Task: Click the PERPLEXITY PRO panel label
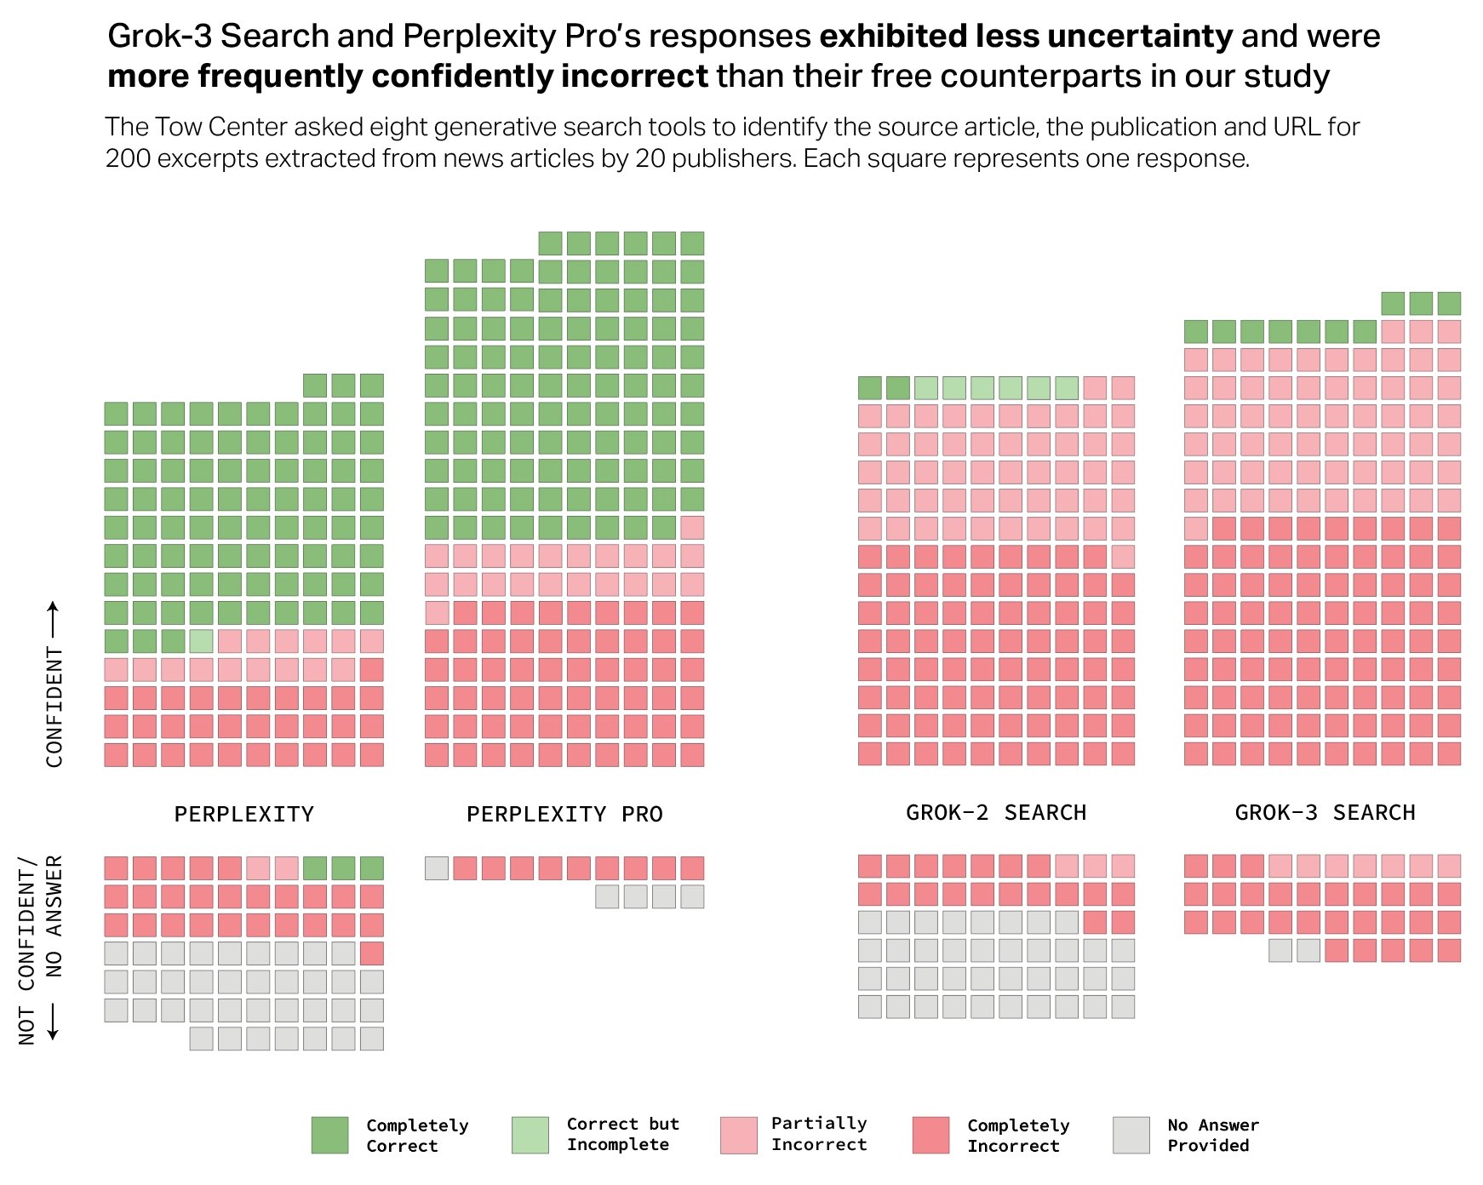[x=564, y=815]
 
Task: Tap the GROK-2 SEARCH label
[x=995, y=813]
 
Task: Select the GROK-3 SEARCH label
[x=1325, y=813]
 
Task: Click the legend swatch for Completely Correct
[x=329, y=1136]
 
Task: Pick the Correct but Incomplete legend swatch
[x=530, y=1136]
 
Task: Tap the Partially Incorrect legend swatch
[x=738, y=1136]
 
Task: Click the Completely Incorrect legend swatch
[x=930, y=1136]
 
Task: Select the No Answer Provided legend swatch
[x=1131, y=1136]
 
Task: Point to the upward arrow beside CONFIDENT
[x=53, y=619]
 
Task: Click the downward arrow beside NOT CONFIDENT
[x=53, y=1022]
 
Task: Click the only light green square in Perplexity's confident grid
[x=201, y=641]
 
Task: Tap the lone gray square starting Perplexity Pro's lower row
[x=437, y=868]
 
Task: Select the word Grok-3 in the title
[x=159, y=37]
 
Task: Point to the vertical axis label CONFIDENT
[x=54, y=707]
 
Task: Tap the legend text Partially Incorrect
[x=818, y=1134]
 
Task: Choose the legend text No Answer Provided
[x=1212, y=1135]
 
